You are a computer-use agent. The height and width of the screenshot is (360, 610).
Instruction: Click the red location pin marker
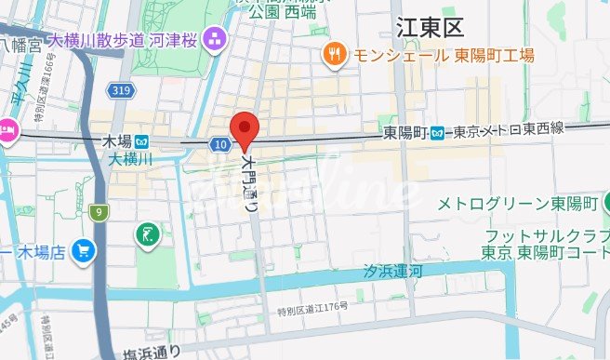click(x=244, y=127)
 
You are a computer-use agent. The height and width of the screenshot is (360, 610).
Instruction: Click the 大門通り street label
click(x=249, y=183)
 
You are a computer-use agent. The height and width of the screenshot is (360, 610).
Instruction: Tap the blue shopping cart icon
click(x=85, y=250)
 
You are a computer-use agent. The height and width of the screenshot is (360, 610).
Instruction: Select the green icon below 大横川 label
click(x=146, y=234)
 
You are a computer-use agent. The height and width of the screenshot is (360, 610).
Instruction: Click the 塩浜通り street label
click(x=153, y=352)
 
